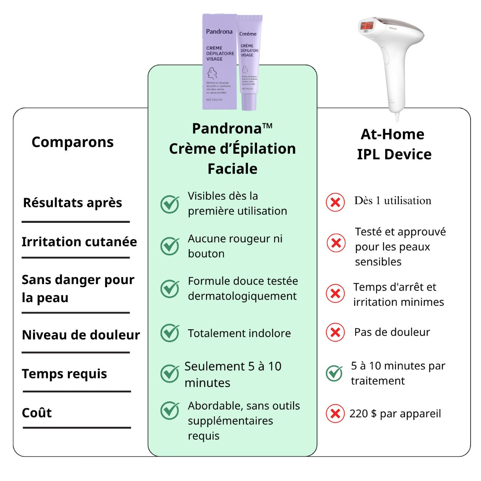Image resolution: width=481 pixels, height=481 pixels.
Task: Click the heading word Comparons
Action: (x=73, y=142)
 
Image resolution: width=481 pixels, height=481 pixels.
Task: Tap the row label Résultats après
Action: (x=73, y=203)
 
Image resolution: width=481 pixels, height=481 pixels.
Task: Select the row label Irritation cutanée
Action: (x=79, y=242)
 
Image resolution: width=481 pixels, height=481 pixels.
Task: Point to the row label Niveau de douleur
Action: (x=81, y=335)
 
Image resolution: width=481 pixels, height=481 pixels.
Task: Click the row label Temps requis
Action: (x=64, y=374)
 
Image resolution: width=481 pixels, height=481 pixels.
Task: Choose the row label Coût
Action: (x=37, y=413)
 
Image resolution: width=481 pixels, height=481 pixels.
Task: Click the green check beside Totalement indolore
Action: (x=170, y=333)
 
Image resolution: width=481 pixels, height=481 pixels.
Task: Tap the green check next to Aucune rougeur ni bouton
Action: (x=170, y=246)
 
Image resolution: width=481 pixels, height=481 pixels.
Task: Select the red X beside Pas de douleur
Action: (x=335, y=332)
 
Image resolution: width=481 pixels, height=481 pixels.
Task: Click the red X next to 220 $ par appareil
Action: (x=335, y=414)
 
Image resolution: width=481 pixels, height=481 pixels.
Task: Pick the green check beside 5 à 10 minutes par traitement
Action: (x=334, y=373)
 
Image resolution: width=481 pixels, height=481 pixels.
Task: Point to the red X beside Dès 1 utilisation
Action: (x=335, y=203)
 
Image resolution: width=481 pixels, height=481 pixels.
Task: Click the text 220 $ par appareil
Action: (x=395, y=414)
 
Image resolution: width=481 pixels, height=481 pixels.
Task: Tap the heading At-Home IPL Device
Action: (x=394, y=144)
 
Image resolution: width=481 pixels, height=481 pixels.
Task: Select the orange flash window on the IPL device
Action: (x=367, y=26)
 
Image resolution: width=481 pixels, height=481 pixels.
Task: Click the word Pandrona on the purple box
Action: (x=219, y=32)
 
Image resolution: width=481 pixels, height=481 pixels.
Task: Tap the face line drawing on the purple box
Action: (x=212, y=73)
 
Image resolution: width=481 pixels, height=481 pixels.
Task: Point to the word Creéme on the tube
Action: (x=248, y=34)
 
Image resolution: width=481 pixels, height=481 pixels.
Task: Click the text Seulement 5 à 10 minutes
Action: (x=233, y=374)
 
